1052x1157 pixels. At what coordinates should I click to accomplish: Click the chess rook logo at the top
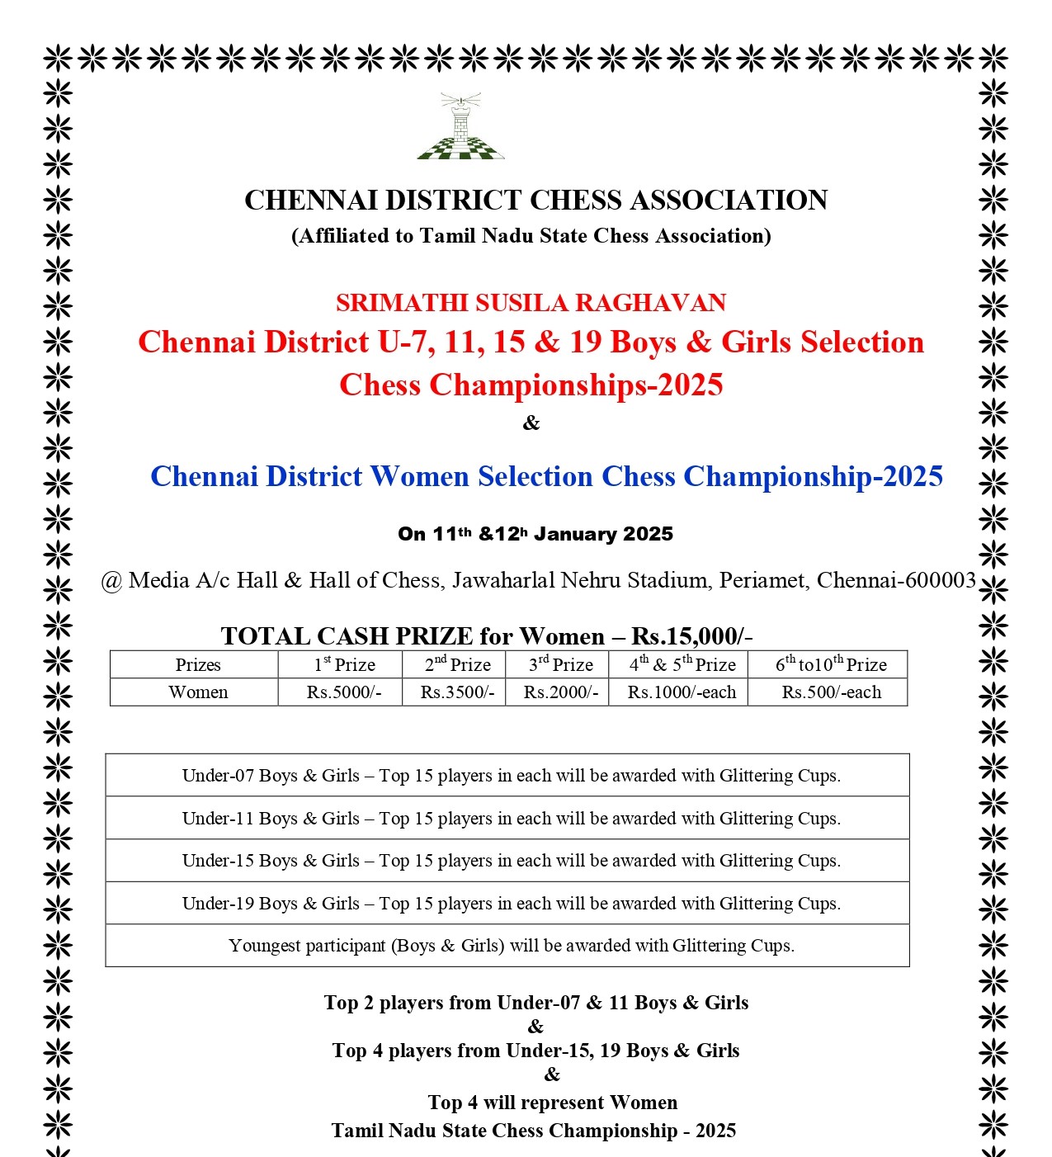click(x=461, y=127)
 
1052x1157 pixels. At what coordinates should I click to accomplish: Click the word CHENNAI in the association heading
click(x=311, y=201)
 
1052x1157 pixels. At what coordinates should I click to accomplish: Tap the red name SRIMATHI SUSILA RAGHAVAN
click(x=531, y=303)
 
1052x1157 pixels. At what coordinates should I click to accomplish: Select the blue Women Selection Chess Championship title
click(x=546, y=476)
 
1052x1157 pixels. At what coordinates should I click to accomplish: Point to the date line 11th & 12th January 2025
click(x=535, y=534)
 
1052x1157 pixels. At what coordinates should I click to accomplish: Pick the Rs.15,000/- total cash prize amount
click(x=691, y=636)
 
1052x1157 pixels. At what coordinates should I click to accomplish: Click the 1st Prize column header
click(x=344, y=664)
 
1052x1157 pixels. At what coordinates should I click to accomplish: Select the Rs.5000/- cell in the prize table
click(x=344, y=692)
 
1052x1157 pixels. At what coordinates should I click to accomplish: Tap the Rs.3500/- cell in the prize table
click(x=457, y=692)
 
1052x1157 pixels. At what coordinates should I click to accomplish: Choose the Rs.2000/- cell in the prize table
click(x=561, y=692)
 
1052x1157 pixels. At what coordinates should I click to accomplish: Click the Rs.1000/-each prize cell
click(x=682, y=692)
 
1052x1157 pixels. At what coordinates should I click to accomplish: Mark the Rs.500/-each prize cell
click(x=831, y=692)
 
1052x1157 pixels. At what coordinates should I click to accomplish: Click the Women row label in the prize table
click(x=198, y=692)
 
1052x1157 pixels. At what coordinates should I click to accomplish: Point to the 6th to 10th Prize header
click(x=831, y=664)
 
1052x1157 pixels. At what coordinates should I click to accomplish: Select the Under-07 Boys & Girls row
click(x=511, y=776)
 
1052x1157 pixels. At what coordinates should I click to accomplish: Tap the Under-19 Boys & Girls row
click(x=511, y=904)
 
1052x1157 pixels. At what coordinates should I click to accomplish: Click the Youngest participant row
click(x=511, y=946)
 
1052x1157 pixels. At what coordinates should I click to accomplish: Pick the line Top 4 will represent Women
click(x=552, y=1103)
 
